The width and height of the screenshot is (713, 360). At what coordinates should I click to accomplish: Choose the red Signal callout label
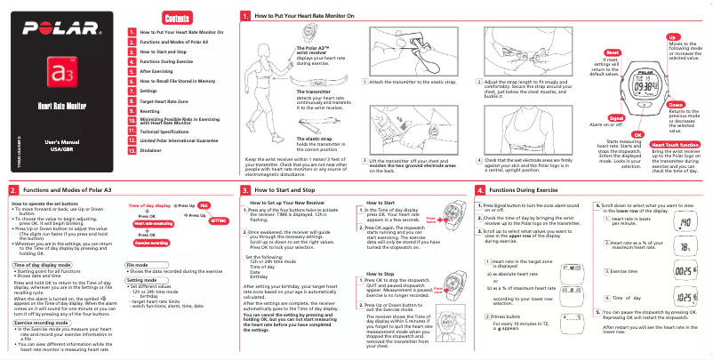[615, 117]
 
